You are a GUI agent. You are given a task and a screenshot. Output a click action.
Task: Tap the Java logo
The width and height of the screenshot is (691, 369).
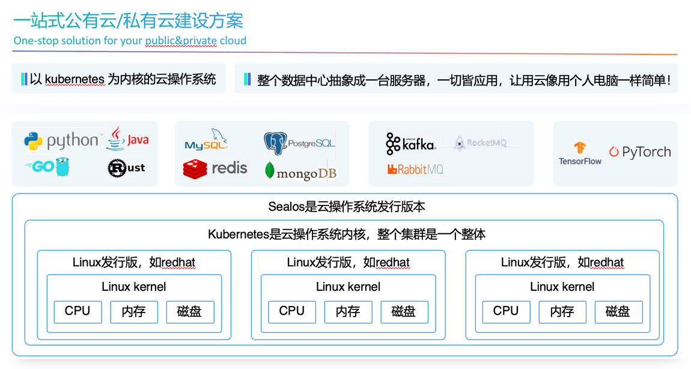(x=127, y=139)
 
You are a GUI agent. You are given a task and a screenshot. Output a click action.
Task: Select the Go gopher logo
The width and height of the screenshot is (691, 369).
(x=48, y=166)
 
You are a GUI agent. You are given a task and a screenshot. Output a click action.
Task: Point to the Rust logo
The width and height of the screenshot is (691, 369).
(x=126, y=168)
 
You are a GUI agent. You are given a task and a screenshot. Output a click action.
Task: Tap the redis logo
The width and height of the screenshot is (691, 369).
(x=215, y=169)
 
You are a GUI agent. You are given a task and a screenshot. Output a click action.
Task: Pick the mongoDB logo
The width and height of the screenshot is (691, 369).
(x=300, y=171)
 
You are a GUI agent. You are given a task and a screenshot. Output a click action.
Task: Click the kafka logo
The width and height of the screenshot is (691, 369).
(x=411, y=144)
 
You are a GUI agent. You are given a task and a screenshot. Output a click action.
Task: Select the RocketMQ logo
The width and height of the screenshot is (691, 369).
(x=480, y=143)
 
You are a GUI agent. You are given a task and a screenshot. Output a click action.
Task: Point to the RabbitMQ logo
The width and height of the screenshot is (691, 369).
(x=415, y=169)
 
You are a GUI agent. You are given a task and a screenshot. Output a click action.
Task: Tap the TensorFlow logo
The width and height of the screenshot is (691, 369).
(x=580, y=154)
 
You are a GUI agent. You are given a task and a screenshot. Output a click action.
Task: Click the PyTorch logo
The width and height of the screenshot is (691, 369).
(x=639, y=152)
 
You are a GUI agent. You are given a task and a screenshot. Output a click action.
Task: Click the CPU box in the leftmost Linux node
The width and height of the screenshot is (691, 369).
(x=78, y=311)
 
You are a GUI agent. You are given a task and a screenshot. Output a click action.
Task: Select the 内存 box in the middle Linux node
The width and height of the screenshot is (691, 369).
(x=348, y=312)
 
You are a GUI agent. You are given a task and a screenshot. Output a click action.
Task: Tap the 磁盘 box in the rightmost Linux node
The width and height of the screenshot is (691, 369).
(x=618, y=312)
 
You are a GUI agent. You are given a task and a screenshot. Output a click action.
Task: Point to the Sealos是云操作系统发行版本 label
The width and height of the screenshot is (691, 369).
(x=346, y=207)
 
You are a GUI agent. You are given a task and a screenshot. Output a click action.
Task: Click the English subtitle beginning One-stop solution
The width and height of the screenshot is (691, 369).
(x=130, y=41)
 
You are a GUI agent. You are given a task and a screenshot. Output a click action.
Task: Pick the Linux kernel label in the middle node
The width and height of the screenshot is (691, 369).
(x=348, y=287)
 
